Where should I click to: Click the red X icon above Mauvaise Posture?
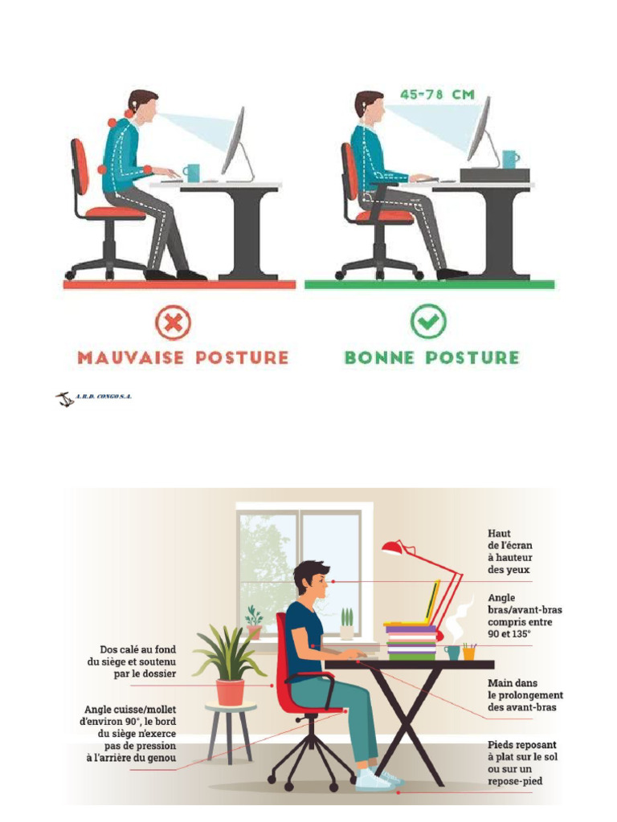173,324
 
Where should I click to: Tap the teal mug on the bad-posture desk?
191,172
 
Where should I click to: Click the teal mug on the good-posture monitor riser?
509,159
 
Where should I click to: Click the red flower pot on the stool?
230,692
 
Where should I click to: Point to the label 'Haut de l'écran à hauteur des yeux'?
510,551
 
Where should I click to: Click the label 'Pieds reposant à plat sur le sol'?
522,763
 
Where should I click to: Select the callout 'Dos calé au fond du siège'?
132,661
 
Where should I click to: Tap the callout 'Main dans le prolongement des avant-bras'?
525,695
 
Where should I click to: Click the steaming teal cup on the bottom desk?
452,652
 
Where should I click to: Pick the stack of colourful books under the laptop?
412,642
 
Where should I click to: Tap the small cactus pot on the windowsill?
346,626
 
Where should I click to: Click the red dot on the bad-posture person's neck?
129,115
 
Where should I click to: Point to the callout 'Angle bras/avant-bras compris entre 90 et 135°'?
525,616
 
